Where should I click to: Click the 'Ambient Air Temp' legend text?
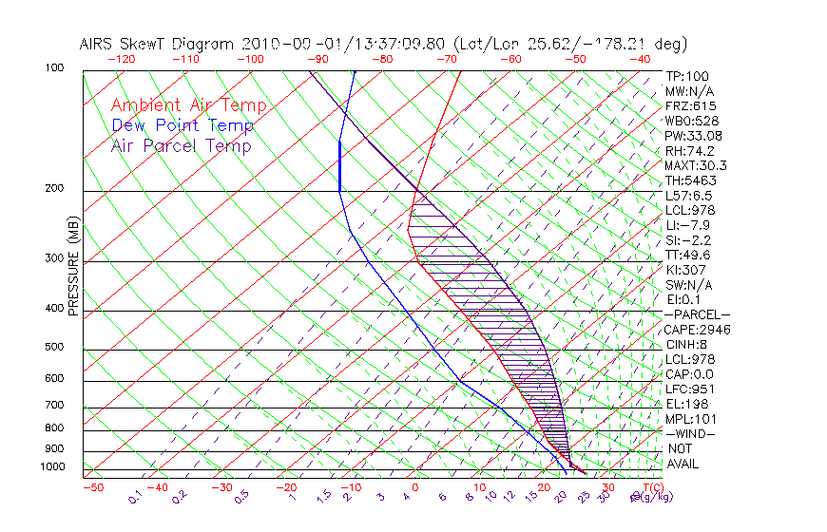[188, 105]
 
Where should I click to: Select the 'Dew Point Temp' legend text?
[183, 125]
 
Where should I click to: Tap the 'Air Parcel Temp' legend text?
[181, 145]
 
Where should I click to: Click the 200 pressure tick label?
[56, 189]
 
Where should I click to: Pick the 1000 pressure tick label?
[53, 467]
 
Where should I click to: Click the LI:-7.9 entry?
[686, 225]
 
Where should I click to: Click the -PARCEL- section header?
[697, 314]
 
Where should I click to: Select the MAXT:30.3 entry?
[696, 165]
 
